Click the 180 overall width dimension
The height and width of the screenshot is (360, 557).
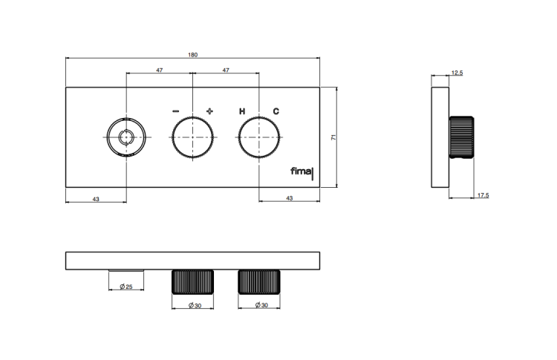192,55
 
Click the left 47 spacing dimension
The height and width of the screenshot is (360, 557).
160,70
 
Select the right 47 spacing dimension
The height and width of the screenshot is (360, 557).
226,70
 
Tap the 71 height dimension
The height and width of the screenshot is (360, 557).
333,137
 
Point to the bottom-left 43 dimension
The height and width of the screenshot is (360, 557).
96,199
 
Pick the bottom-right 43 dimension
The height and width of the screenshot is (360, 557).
290,197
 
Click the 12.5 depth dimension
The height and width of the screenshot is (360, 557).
457,73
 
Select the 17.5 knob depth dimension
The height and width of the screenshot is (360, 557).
483,195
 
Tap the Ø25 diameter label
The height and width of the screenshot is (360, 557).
126,287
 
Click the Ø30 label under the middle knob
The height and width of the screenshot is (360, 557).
195,305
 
